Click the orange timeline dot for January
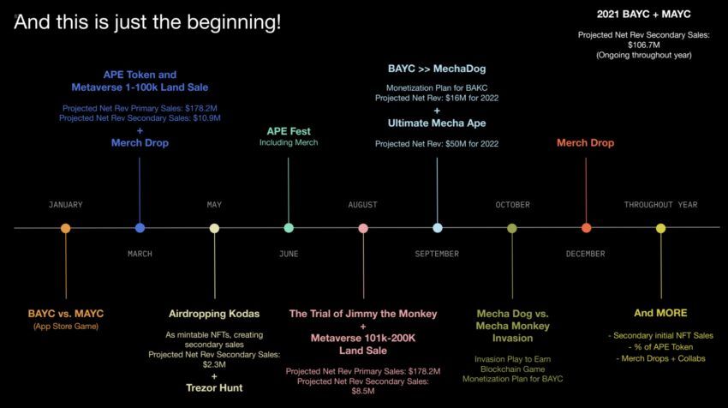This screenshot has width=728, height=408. [66, 228]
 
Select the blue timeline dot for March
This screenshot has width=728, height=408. [140, 228]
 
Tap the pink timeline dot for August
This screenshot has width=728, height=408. [363, 228]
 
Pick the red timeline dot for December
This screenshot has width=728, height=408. [586, 228]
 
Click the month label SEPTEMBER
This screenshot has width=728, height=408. [437, 254]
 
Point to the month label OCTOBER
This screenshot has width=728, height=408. [512, 205]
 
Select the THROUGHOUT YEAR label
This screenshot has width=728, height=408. [660, 205]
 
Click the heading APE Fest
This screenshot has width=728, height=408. [289, 131]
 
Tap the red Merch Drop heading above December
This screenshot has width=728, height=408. [586, 142]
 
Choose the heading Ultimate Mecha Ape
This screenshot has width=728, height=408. [437, 123]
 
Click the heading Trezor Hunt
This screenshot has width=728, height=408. [214, 387]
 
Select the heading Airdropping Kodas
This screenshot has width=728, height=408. [214, 314]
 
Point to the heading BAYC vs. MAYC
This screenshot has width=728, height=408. [66, 314]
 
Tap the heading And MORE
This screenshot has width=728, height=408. [660, 313]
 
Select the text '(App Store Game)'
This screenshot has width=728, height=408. [66, 327]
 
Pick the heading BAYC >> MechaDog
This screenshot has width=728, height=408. [437, 68]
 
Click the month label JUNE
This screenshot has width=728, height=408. [289, 254]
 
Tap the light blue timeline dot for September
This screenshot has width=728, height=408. [438, 228]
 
